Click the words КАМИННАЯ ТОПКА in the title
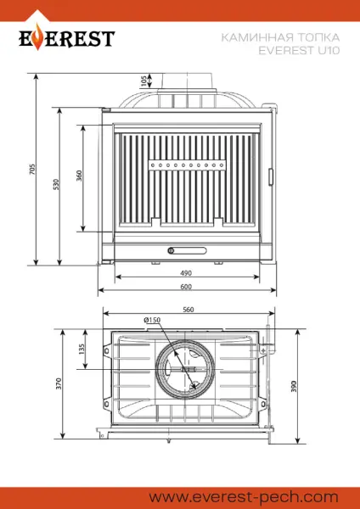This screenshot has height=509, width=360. tap(279, 37)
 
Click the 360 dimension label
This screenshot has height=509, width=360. tap(79, 176)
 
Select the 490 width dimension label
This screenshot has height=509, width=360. tap(186, 273)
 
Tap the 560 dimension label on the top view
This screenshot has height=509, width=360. tap(188, 310)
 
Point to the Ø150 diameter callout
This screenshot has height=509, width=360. tap(152, 320)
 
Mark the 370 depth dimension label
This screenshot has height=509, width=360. tap(59, 383)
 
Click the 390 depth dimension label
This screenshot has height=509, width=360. tap(295, 386)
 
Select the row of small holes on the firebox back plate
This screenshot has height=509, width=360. tap(186, 162)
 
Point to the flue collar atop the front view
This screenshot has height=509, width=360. tap(186, 81)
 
